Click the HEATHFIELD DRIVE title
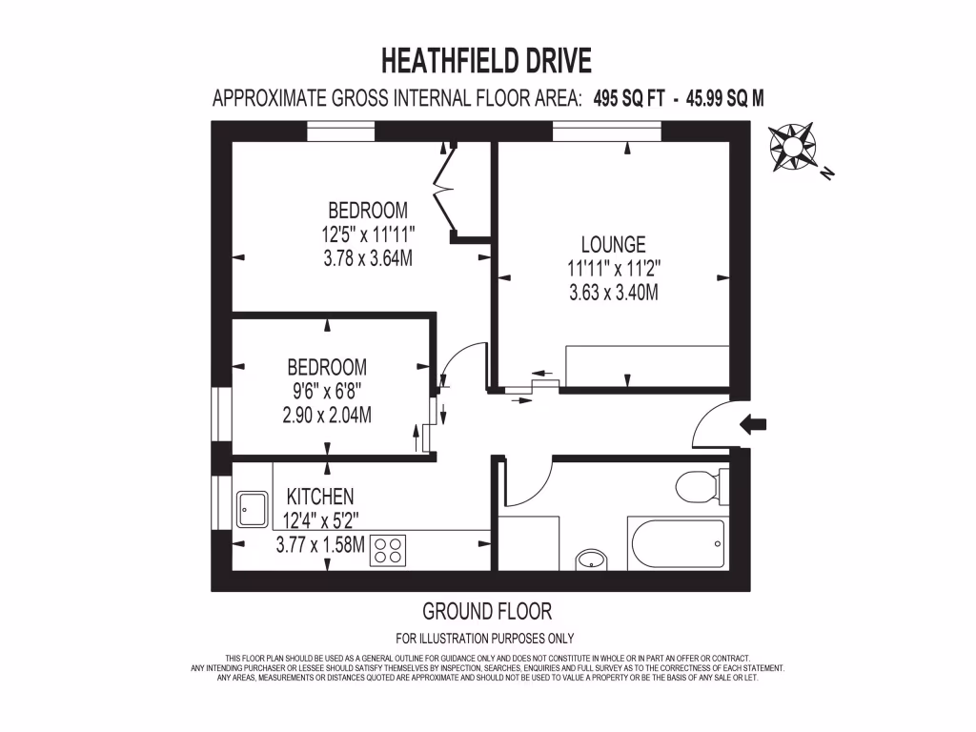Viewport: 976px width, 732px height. pyautogui.click(x=486, y=61)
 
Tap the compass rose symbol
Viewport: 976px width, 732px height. pyautogui.click(x=792, y=147)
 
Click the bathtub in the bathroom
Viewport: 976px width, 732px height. pyautogui.click(x=677, y=543)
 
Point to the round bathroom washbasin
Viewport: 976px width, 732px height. pyautogui.click(x=591, y=558)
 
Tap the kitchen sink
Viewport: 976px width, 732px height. pyautogui.click(x=253, y=509)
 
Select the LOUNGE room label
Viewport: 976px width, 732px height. pyautogui.click(x=614, y=245)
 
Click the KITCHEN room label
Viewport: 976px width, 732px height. pyautogui.click(x=320, y=497)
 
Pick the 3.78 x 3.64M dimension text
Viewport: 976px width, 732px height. pyautogui.click(x=368, y=258)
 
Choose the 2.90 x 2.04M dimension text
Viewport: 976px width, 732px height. pyautogui.click(x=327, y=415)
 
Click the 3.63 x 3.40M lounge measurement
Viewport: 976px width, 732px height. pyautogui.click(x=614, y=294)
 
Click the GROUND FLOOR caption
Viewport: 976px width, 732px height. pyautogui.click(x=487, y=611)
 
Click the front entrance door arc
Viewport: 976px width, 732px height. pyautogui.click(x=710, y=425)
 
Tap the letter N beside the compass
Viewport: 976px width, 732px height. pyautogui.click(x=827, y=173)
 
